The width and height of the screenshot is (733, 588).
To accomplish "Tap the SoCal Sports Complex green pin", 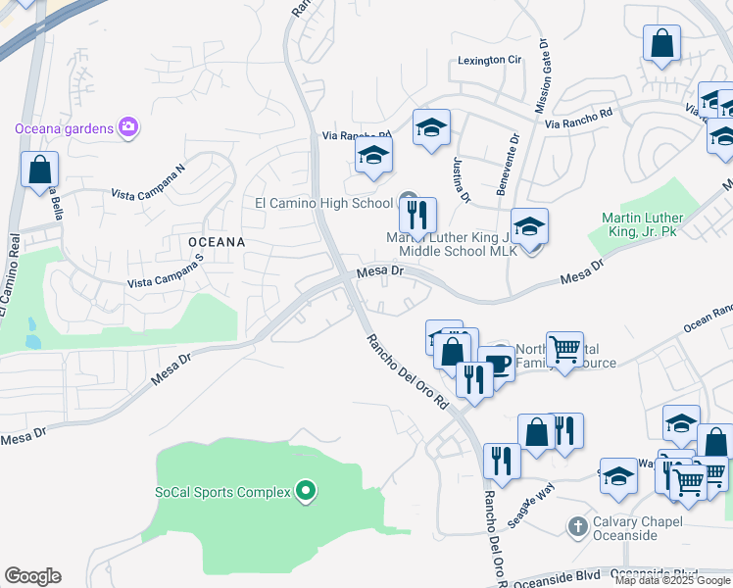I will click(306, 491).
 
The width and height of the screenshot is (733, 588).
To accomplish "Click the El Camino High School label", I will click(323, 204).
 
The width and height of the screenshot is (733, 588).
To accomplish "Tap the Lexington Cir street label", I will click(490, 61).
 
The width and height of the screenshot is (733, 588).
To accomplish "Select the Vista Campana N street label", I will click(148, 183).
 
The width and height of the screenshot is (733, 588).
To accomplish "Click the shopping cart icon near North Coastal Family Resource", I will click(564, 348).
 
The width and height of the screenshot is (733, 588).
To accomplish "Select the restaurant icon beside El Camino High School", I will click(417, 213).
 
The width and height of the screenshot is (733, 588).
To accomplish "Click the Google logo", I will click(32, 576).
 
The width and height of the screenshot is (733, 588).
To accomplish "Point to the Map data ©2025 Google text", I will click(671, 580).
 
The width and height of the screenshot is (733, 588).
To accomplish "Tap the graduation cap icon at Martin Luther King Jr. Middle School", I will click(529, 226).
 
